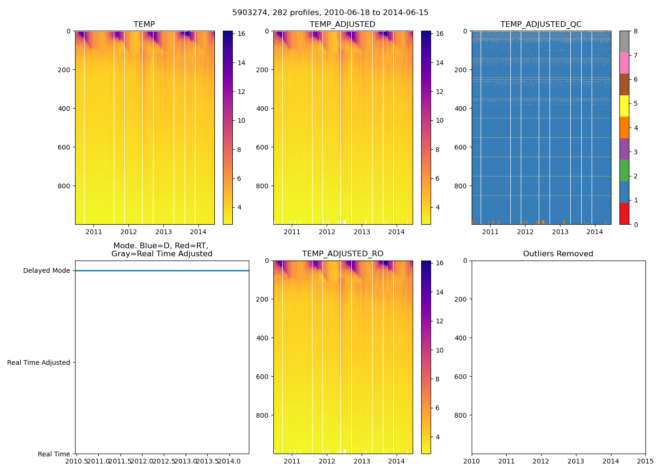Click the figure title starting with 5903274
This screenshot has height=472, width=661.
click(x=330, y=13)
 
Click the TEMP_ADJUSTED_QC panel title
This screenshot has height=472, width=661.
click(x=541, y=25)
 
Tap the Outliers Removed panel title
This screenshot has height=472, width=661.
click(x=558, y=254)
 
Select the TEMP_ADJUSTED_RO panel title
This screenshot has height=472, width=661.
click(x=343, y=254)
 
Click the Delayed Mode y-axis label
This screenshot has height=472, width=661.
click(x=46, y=271)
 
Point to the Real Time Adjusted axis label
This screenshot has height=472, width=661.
click(x=39, y=362)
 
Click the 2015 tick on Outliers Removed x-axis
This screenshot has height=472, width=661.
click(x=645, y=461)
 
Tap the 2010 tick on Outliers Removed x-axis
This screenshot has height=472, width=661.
click(x=472, y=461)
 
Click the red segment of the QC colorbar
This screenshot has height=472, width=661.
click(x=624, y=214)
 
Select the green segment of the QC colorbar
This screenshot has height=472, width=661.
click(x=624, y=170)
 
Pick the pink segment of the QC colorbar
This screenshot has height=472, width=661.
click(x=624, y=63)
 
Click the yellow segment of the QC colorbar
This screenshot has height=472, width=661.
click(x=624, y=106)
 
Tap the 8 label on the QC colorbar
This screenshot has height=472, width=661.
click(x=636, y=32)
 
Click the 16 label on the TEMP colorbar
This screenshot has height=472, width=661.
click(x=241, y=34)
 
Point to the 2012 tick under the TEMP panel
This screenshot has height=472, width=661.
click(x=128, y=232)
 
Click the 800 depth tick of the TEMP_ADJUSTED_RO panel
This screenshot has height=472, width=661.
click(x=263, y=415)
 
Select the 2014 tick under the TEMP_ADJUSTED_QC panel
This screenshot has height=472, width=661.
click(x=595, y=232)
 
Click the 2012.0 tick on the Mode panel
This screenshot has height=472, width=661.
click(x=142, y=461)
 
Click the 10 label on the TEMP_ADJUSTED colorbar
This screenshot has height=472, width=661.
click(x=440, y=121)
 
